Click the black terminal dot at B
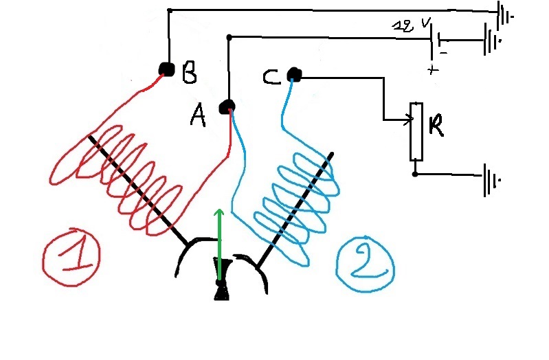[x=166, y=69]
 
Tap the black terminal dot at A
[x=227, y=106]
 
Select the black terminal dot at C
[x=294, y=73]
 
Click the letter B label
[x=189, y=72]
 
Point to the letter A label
[x=198, y=117]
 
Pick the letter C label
[x=271, y=77]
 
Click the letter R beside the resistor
[x=436, y=126]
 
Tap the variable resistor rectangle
[x=415, y=131]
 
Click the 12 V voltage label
[x=412, y=25]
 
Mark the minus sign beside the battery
[x=444, y=52]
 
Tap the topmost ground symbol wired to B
[x=506, y=14]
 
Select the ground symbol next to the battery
[x=492, y=39]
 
